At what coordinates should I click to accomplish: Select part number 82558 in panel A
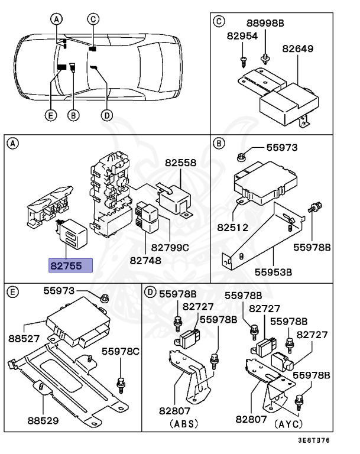181,163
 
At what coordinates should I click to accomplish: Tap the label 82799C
170,248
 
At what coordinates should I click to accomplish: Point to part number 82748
145,261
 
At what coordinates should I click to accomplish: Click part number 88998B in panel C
265,23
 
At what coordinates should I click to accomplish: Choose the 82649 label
298,48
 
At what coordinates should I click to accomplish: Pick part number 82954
242,36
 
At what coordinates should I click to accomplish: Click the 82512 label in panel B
233,227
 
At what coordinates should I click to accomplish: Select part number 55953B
273,272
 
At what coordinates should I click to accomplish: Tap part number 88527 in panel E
24,338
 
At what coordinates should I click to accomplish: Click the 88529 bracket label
43,420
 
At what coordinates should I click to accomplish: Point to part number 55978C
120,352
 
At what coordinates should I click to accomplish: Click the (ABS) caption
184,424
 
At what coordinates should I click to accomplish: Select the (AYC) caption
288,424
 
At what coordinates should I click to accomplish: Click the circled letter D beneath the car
107,115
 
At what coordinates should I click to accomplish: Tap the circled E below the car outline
51,115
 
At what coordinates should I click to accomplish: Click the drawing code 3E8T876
314,440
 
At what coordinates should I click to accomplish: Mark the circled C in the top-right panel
219,21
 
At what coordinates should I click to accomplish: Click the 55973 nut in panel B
241,157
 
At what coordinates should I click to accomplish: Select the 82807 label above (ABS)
174,411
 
